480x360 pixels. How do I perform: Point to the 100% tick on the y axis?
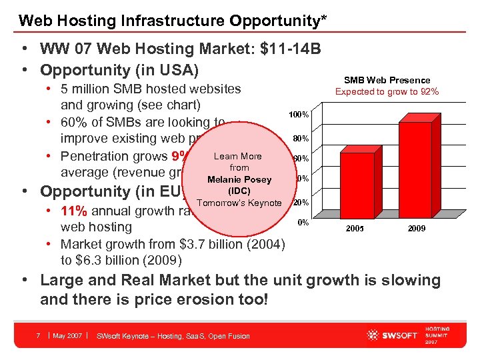click(x=298, y=115)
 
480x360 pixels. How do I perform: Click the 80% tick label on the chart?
click(x=300, y=139)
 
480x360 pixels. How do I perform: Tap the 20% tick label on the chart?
click(x=301, y=202)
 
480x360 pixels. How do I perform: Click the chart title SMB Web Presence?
click(x=387, y=80)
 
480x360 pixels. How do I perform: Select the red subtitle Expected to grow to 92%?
click(x=387, y=92)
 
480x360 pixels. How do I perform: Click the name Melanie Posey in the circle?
click(x=239, y=180)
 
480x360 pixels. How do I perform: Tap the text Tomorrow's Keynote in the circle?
click(x=239, y=203)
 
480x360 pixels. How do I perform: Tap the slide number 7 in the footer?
click(x=39, y=335)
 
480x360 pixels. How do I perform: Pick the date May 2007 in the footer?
click(x=67, y=335)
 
